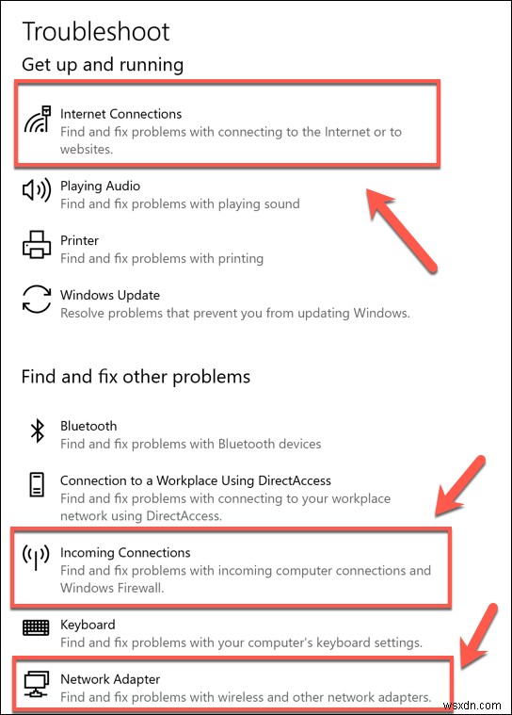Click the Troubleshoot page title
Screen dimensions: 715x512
pyautogui.click(x=96, y=31)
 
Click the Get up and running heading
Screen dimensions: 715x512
pyautogui.click(x=103, y=64)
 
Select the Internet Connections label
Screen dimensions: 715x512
pyautogui.click(x=120, y=114)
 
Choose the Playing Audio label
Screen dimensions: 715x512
pyautogui.click(x=100, y=186)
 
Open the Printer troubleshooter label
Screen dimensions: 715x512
pyautogui.click(x=79, y=240)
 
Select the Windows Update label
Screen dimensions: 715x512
pyautogui.click(x=110, y=295)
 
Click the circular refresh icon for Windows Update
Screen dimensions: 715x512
pyautogui.click(x=37, y=301)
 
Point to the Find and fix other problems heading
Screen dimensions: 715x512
pyautogui.click(x=136, y=377)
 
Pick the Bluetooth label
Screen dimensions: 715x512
pyautogui.click(x=88, y=426)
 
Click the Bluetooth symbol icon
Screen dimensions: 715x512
pyautogui.click(x=37, y=431)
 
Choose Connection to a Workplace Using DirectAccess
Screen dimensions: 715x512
pyautogui.click(x=196, y=480)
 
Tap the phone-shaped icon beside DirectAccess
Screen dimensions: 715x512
pyautogui.click(x=37, y=486)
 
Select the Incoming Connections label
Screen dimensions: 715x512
pyautogui.click(x=125, y=553)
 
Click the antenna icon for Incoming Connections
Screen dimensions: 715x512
pyautogui.click(x=37, y=560)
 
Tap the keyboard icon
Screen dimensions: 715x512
pyautogui.click(x=37, y=626)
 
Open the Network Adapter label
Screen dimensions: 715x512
pyautogui.click(x=110, y=679)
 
